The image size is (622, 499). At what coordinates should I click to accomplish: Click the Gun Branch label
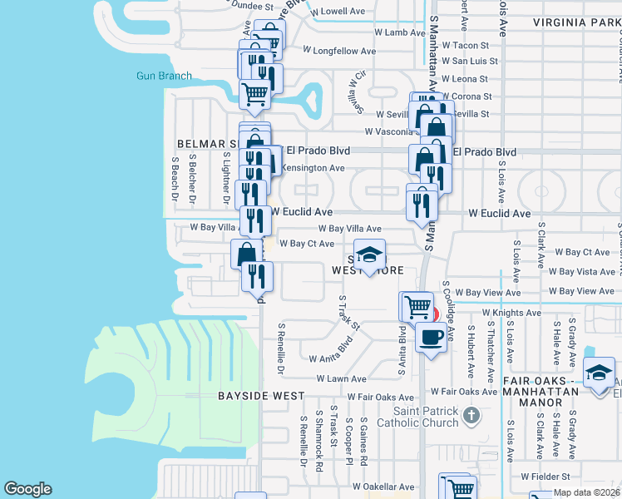click(x=165, y=76)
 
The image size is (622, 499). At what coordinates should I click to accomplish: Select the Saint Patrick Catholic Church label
click(x=426, y=417)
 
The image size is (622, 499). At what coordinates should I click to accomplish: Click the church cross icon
click(x=471, y=414)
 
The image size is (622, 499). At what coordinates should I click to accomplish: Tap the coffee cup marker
click(x=431, y=337)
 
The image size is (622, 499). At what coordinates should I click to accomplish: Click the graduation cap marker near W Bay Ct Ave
click(x=370, y=254)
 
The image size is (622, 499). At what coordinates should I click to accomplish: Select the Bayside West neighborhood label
click(x=254, y=396)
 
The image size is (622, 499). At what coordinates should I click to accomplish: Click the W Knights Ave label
click(x=510, y=313)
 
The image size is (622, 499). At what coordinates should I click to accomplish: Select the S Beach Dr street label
click(x=175, y=179)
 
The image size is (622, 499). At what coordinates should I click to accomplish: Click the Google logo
click(x=27, y=489)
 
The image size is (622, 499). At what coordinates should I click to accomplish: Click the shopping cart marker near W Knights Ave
click(x=416, y=306)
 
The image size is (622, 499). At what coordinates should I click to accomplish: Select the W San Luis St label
click(x=469, y=61)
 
